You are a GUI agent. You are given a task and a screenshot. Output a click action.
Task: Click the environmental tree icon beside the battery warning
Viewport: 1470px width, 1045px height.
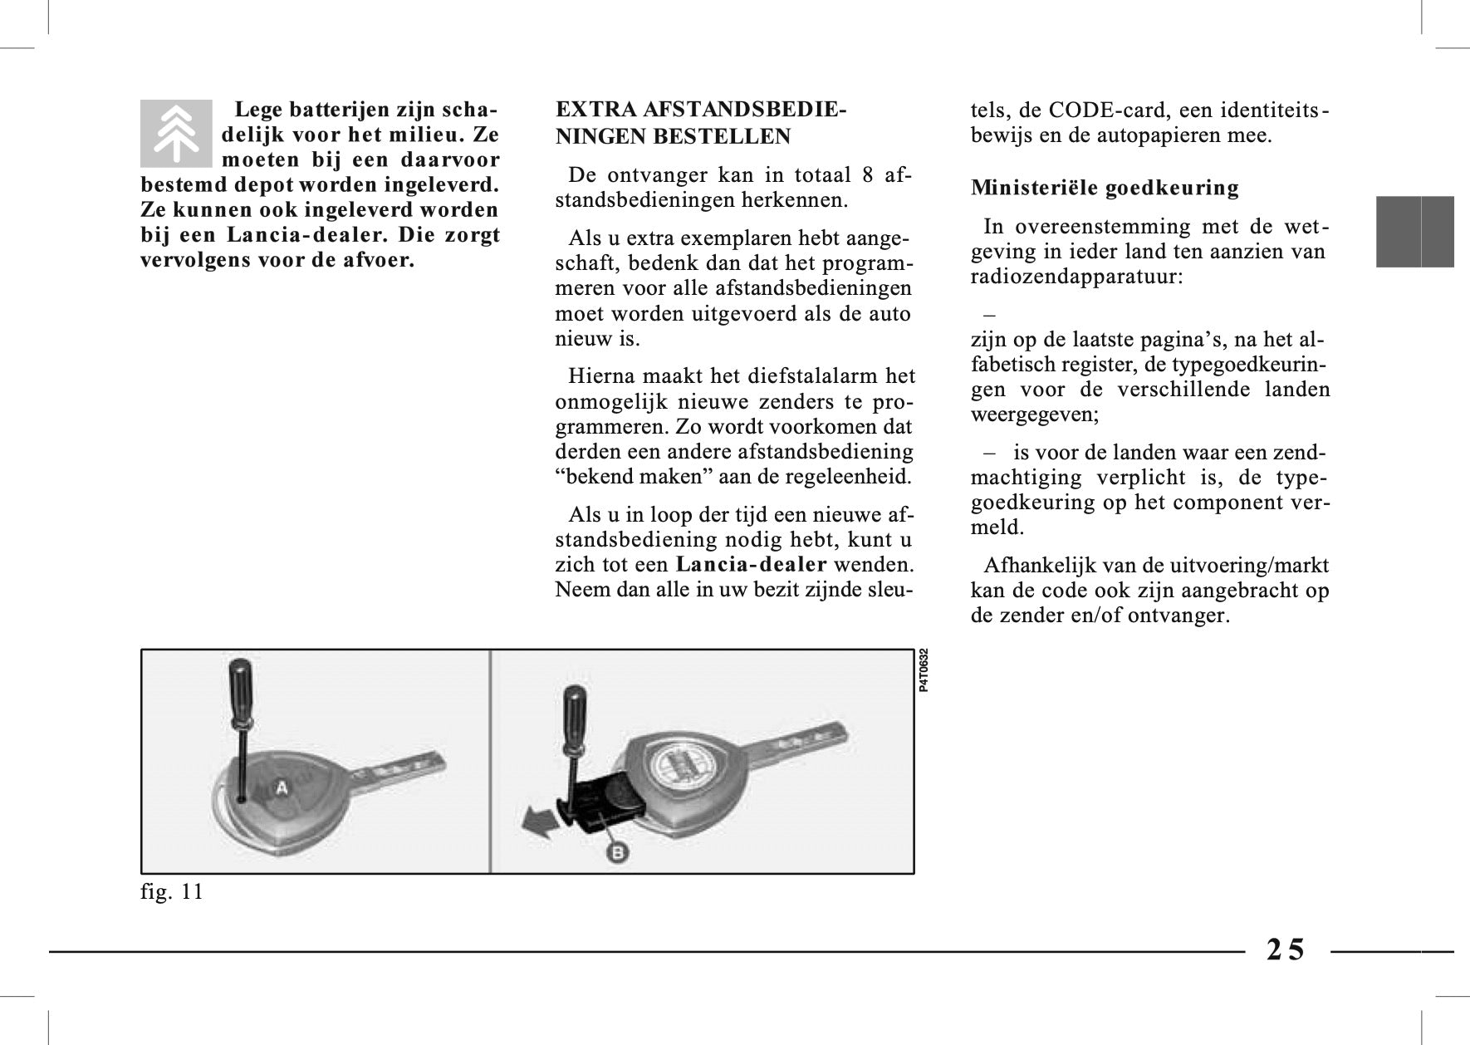click(x=176, y=133)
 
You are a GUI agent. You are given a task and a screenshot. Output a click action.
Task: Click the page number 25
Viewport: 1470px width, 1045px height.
click(x=1286, y=949)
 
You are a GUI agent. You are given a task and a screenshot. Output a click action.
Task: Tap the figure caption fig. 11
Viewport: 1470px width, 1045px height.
click(x=172, y=892)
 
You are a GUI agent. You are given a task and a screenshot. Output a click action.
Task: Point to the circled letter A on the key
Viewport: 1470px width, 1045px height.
click(x=282, y=788)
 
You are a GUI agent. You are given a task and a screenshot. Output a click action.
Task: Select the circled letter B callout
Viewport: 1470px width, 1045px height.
click(x=618, y=851)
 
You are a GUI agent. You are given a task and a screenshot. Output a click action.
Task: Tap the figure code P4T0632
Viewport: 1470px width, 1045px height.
click(x=924, y=670)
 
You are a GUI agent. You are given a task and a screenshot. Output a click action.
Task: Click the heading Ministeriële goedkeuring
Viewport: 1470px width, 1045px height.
click(x=1105, y=188)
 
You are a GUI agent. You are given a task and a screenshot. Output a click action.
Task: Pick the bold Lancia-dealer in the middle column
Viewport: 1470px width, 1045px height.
click(x=752, y=565)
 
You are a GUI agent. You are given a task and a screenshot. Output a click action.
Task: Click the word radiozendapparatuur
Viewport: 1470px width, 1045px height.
click(x=1076, y=277)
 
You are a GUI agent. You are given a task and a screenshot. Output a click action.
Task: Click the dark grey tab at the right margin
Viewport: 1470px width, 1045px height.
click(x=1414, y=232)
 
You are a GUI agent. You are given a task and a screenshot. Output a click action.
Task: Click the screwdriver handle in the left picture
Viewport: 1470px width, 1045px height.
click(x=240, y=686)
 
